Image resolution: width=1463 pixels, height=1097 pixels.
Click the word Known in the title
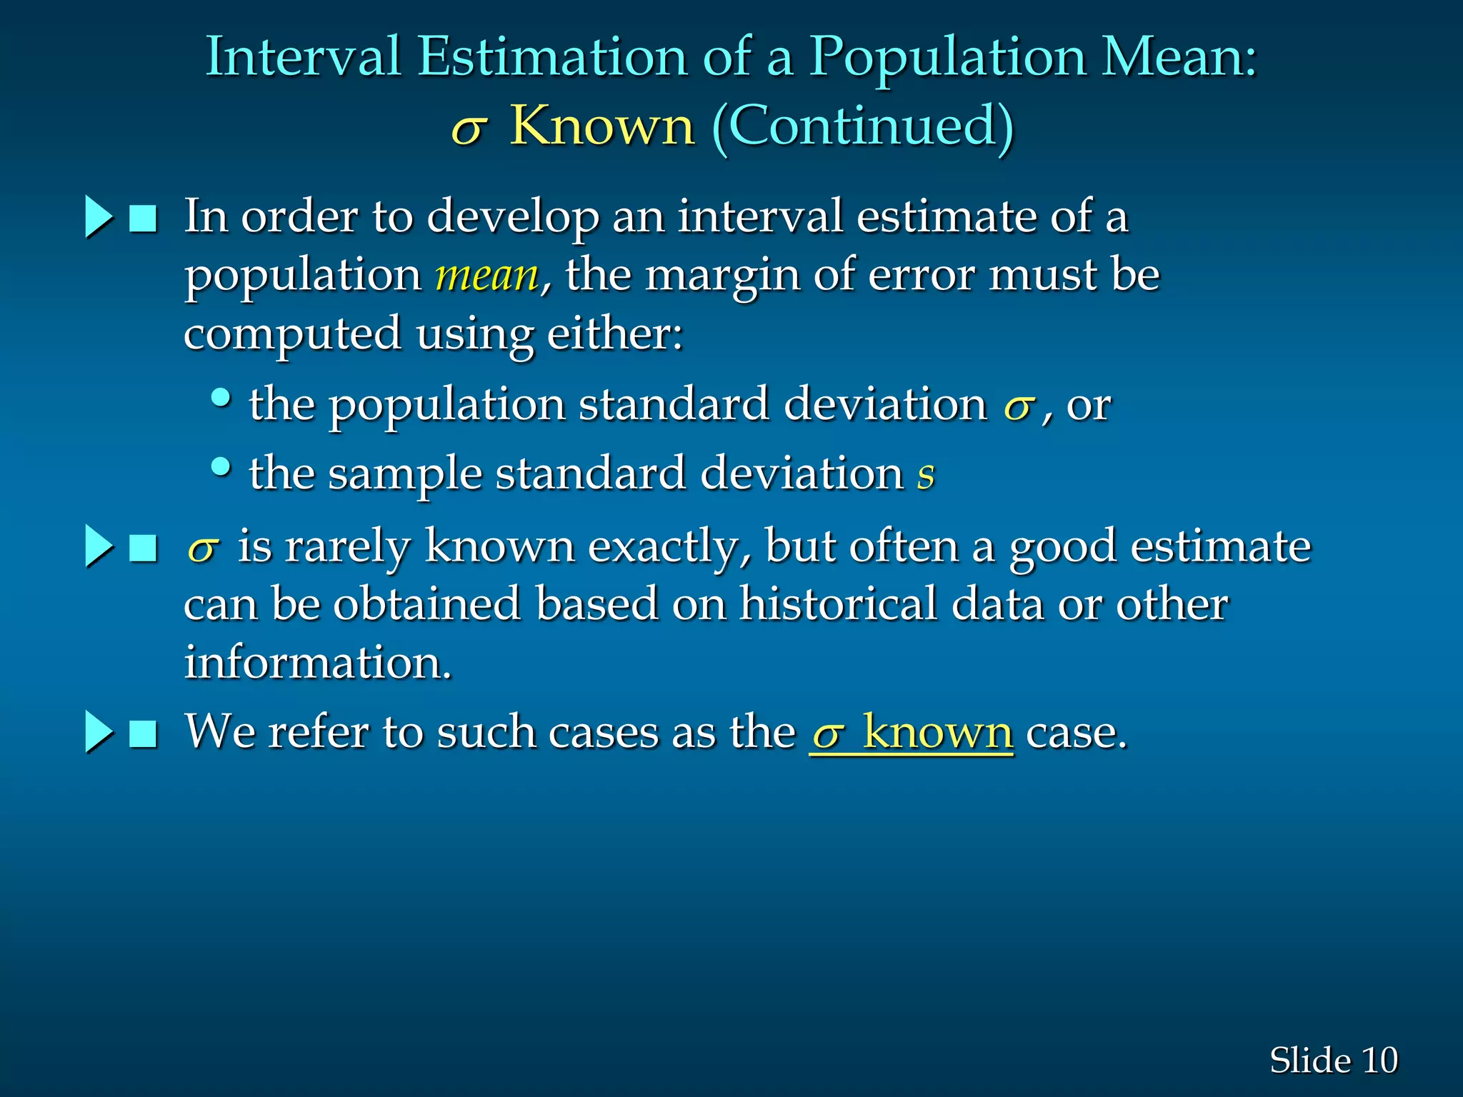[x=601, y=126]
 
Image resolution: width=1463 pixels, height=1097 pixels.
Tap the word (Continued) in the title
[x=863, y=126]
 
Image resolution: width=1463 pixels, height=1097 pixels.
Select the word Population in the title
[x=947, y=57]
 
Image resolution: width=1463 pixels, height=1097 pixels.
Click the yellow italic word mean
[x=487, y=276]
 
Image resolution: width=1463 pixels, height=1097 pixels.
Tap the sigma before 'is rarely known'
[x=202, y=548]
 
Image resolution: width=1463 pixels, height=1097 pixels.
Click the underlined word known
[x=937, y=733]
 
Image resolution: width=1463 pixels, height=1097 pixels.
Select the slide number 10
[x=1379, y=1060]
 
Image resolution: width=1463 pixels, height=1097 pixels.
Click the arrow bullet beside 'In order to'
[x=99, y=217]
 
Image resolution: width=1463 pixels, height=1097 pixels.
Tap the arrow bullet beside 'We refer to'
[x=99, y=732]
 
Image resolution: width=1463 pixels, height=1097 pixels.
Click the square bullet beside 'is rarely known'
[x=143, y=548]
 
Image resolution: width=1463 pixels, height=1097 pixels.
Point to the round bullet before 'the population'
[x=221, y=397]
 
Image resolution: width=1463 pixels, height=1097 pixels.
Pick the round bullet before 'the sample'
[x=221, y=467]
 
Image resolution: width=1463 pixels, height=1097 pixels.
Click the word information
[x=317, y=662]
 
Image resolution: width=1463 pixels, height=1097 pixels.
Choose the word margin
[x=721, y=276]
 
